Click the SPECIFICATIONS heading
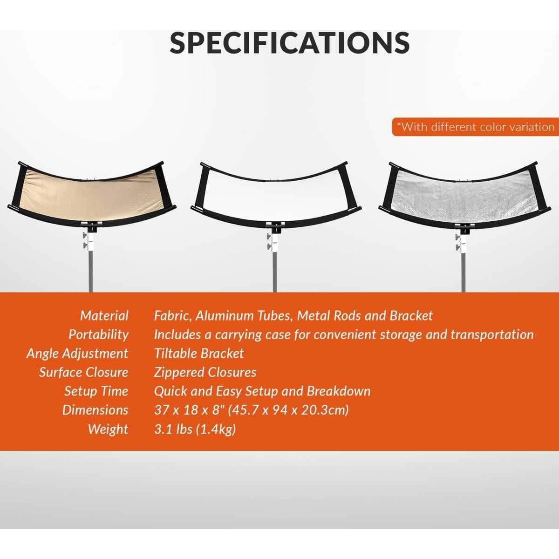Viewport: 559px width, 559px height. click(x=289, y=42)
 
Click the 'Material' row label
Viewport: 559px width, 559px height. click(x=104, y=316)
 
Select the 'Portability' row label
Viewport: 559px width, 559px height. click(x=98, y=334)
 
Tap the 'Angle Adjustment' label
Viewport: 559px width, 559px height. click(x=77, y=354)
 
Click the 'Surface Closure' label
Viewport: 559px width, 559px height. click(x=83, y=372)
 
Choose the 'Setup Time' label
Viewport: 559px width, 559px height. click(x=96, y=391)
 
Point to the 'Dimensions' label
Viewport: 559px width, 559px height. click(x=95, y=410)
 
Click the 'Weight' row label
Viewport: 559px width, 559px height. click(x=108, y=429)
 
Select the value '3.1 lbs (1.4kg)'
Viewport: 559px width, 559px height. click(x=195, y=429)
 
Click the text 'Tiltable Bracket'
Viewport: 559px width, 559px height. click(x=199, y=354)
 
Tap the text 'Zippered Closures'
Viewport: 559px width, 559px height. click(x=205, y=372)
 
